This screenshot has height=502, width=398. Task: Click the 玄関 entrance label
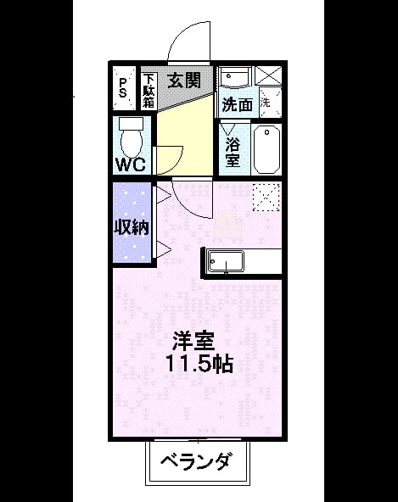point(184,80)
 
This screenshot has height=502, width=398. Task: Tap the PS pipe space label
point(123,88)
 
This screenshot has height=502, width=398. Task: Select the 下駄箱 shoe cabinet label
point(149,91)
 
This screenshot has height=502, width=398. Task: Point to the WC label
point(131,165)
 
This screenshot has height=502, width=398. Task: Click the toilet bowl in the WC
point(131,137)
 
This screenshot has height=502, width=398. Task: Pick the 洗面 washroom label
point(238,104)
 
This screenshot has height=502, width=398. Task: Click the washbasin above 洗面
point(236,77)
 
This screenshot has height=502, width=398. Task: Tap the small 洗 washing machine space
point(270,103)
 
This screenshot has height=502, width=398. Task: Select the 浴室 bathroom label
point(233,153)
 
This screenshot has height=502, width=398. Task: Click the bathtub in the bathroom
point(267,150)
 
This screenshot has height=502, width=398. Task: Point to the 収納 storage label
point(132,227)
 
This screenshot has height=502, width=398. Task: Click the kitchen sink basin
point(226,262)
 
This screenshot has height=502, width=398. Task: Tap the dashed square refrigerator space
point(266,198)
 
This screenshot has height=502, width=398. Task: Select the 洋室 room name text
point(193,341)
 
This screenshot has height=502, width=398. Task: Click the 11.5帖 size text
point(199,364)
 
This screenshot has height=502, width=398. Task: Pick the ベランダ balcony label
point(195,461)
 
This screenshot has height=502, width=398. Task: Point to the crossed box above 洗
point(268,75)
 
